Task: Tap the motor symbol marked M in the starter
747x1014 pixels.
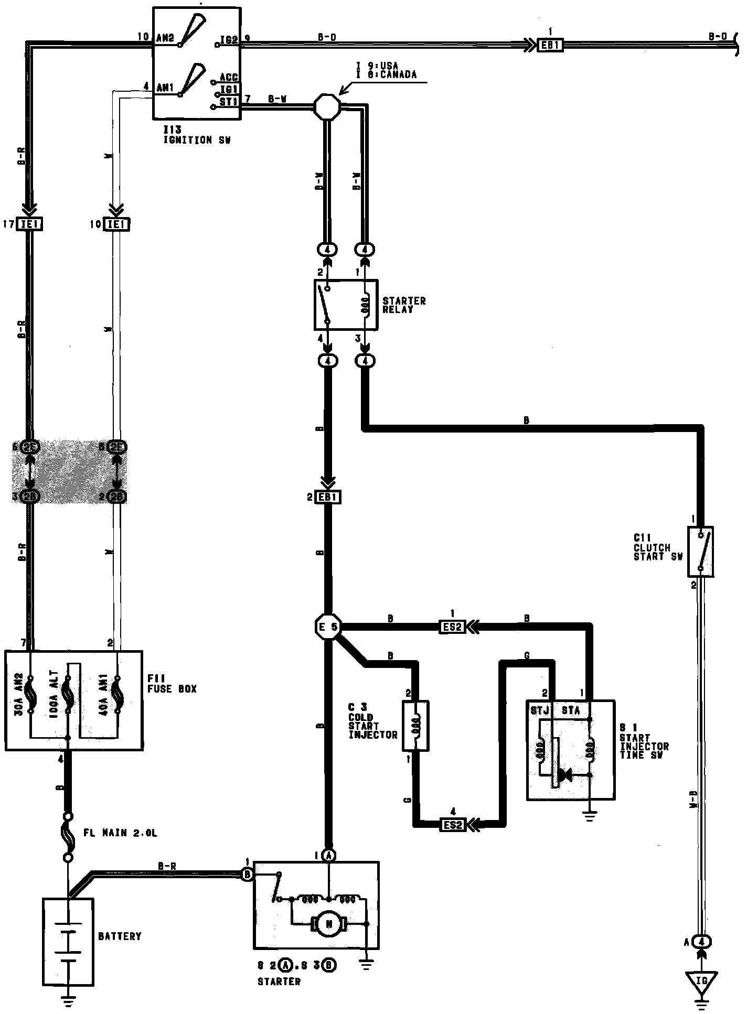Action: [x=329, y=924]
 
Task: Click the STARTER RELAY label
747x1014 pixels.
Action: [x=404, y=305]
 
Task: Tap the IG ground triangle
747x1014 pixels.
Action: [x=701, y=980]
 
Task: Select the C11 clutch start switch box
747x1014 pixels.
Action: [x=701, y=552]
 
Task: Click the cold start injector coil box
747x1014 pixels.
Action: [x=415, y=726]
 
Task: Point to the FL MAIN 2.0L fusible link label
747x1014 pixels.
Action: [x=120, y=833]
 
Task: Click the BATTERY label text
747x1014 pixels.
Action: [x=120, y=936]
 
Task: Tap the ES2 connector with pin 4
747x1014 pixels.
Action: [x=452, y=825]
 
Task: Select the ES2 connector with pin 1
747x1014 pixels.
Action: [x=452, y=627]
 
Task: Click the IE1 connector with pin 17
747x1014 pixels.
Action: [x=30, y=224]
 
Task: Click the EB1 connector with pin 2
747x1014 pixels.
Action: [x=327, y=497]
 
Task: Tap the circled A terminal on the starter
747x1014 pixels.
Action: [x=328, y=856]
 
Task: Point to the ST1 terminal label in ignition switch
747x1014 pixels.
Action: [x=229, y=101]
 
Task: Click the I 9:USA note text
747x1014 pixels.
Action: [x=377, y=66]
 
